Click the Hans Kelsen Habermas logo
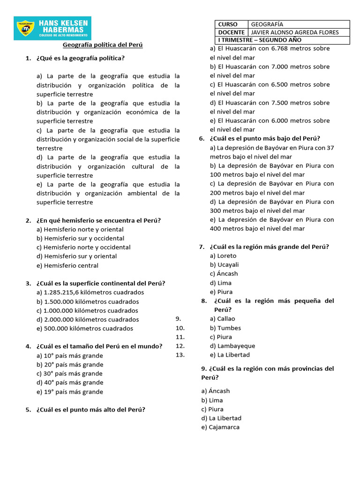pyautogui.click(x=52, y=29)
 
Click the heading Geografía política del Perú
pyautogui.click(x=103, y=45)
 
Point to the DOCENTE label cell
pyautogui.click(x=231, y=32)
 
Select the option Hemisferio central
pyautogui.click(x=71, y=265)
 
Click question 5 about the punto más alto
pyautogui.click(x=90, y=409)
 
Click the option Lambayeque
pyautogui.click(x=232, y=346)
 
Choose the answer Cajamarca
pyautogui.click(x=220, y=427)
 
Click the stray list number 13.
pyautogui.click(x=180, y=355)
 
